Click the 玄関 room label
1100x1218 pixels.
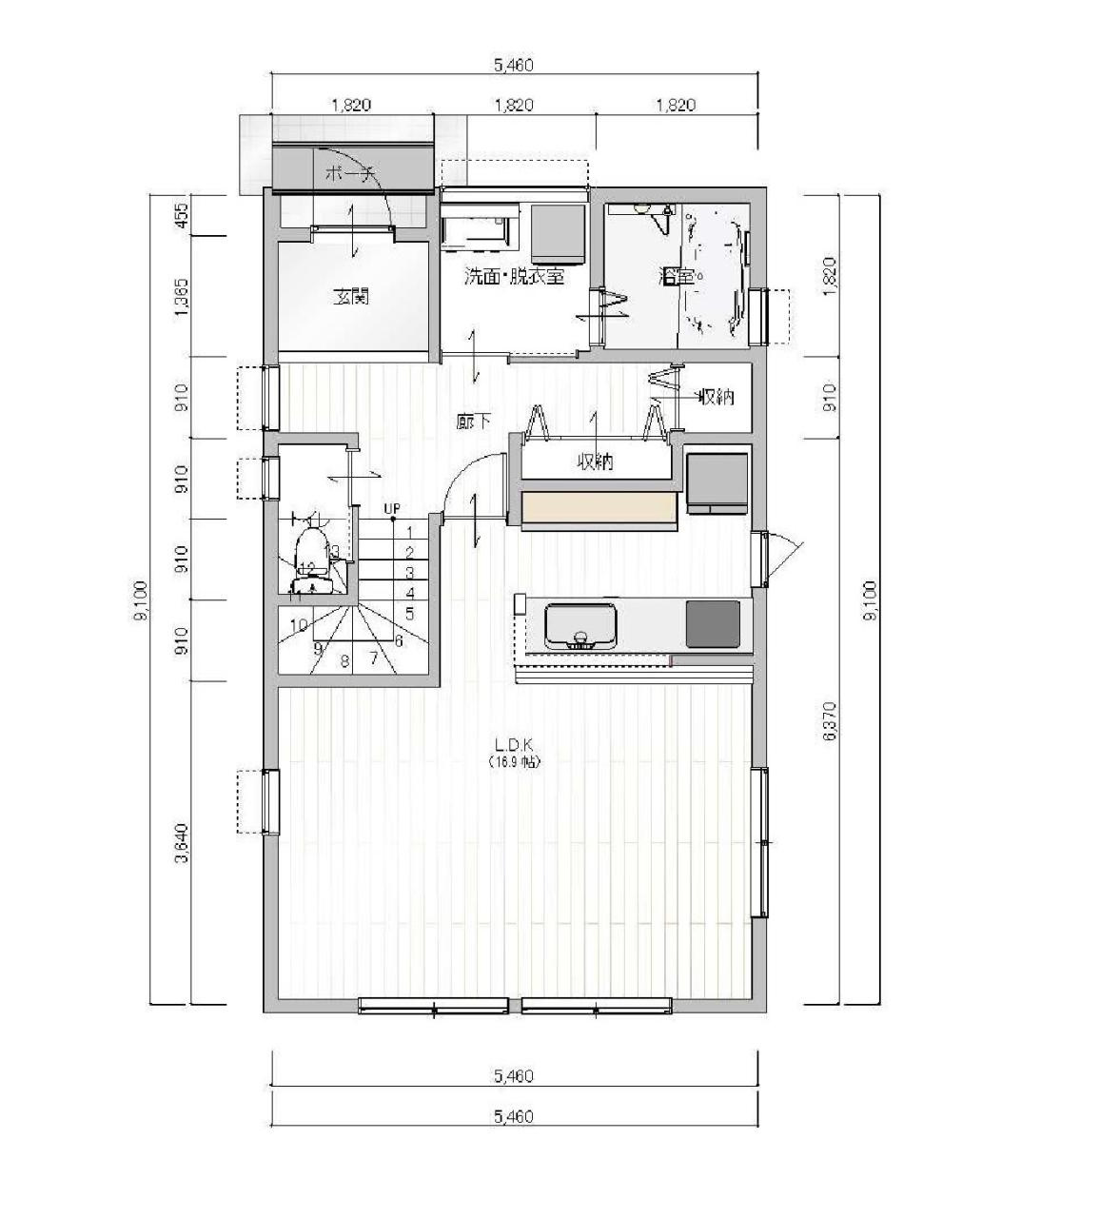(x=350, y=297)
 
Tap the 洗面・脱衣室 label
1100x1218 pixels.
(x=514, y=277)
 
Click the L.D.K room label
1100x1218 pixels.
(x=514, y=743)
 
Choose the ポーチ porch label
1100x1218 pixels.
(x=350, y=174)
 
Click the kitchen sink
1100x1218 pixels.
(x=580, y=625)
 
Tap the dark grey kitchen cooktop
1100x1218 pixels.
(x=713, y=623)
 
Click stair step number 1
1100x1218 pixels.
(x=409, y=533)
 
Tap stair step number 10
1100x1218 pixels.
(x=299, y=625)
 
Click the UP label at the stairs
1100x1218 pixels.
(x=391, y=509)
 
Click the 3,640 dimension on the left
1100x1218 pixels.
(x=181, y=843)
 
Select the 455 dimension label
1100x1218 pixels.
(x=181, y=215)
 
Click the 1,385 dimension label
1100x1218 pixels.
(x=181, y=296)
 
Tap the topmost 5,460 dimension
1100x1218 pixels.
(x=514, y=66)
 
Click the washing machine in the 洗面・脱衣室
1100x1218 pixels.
(x=557, y=232)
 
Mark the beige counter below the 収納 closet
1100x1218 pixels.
(x=599, y=508)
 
